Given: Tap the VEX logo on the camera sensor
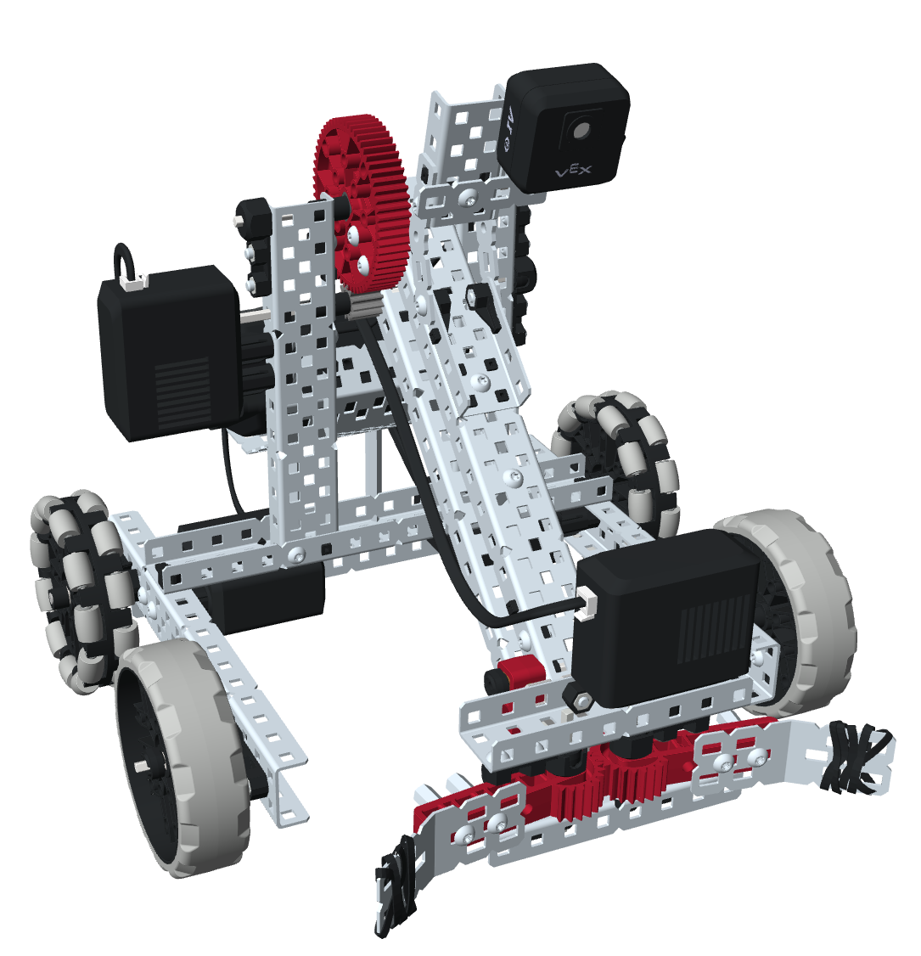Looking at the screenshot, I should [x=573, y=172].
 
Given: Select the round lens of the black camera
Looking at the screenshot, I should [x=580, y=130].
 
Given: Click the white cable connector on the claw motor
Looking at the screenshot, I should [x=585, y=604].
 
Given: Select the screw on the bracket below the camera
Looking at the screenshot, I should [x=469, y=197].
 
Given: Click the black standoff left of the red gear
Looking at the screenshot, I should [x=253, y=229].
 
